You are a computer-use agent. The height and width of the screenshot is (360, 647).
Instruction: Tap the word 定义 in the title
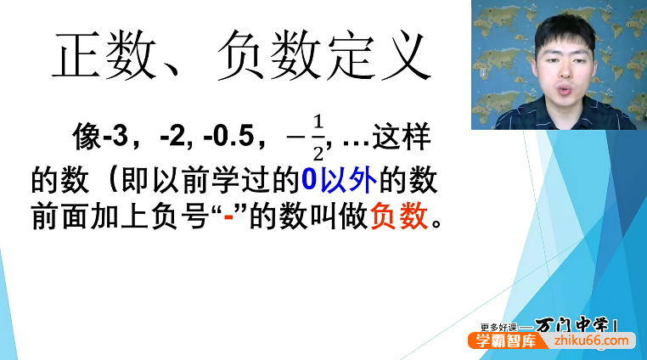(383, 58)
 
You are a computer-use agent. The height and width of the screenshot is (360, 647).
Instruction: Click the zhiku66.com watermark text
(594, 340)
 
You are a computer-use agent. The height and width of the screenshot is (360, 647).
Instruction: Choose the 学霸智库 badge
(509, 340)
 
